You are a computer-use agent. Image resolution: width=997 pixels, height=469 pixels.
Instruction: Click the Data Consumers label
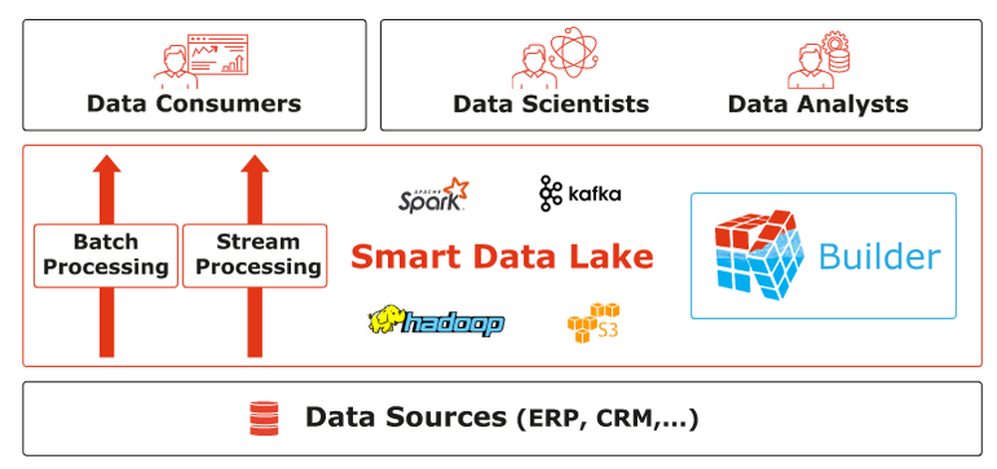pos(193,104)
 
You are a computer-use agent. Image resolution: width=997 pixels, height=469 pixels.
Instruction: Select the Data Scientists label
pos(550,104)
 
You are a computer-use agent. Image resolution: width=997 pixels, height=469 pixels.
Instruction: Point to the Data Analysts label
pos(818,104)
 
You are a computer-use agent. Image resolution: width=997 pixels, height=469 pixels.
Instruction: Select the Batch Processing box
pos(107,255)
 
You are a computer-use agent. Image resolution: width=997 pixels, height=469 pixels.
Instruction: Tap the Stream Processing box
pos(256,255)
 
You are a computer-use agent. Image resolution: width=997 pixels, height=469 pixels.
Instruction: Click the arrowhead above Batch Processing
pos(107,170)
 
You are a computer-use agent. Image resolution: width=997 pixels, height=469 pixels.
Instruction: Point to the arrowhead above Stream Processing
pos(256,170)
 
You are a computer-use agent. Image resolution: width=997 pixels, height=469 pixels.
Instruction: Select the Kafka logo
pos(579,194)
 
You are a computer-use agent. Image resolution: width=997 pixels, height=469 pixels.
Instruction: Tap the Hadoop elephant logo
pos(436,321)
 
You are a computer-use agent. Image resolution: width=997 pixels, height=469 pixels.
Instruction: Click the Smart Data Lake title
pos(502,257)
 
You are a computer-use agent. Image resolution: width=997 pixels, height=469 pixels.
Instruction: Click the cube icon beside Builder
pos(759,255)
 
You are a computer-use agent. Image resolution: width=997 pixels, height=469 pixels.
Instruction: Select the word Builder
pos(878,256)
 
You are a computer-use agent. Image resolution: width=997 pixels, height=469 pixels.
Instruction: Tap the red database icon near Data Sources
pos(262,418)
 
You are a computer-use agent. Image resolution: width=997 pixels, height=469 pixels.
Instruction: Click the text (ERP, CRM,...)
pos(607,419)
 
